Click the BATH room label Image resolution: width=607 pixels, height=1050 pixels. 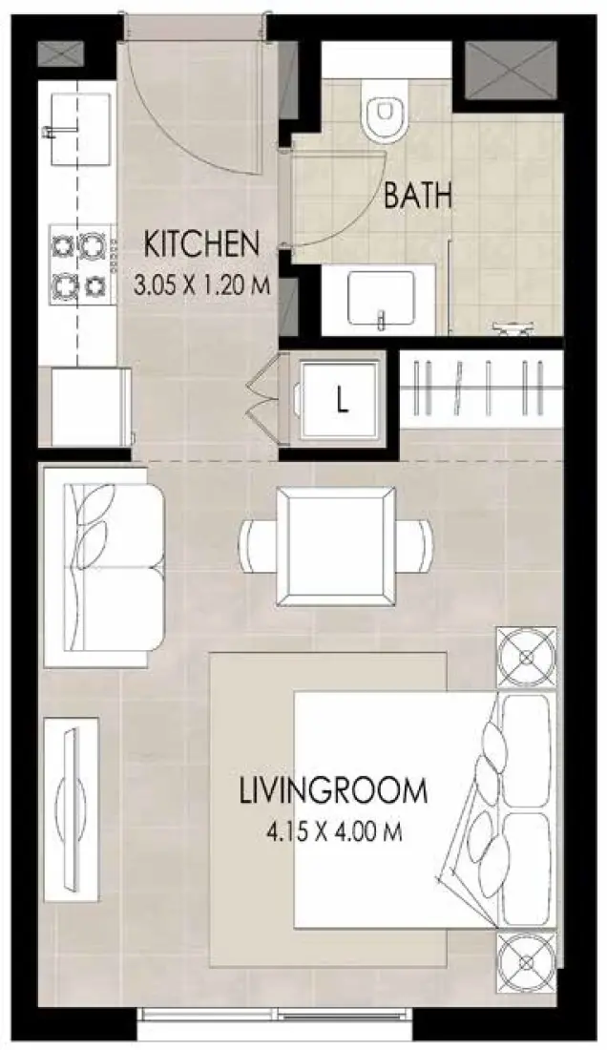click(x=417, y=197)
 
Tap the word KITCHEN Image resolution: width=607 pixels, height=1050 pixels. click(x=200, y=243)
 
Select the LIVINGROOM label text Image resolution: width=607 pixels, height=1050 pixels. click(x=332, y=791)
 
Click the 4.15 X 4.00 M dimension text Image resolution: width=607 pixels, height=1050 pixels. click(x=332, y=831)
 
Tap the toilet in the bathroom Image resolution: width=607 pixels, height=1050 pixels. click(x=384, y=114)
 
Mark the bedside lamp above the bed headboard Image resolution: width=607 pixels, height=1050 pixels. click(x=525, y=658)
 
